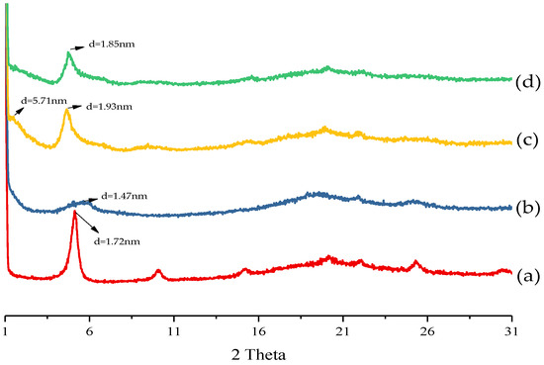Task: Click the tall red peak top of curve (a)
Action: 74,215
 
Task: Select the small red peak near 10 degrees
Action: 158,270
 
